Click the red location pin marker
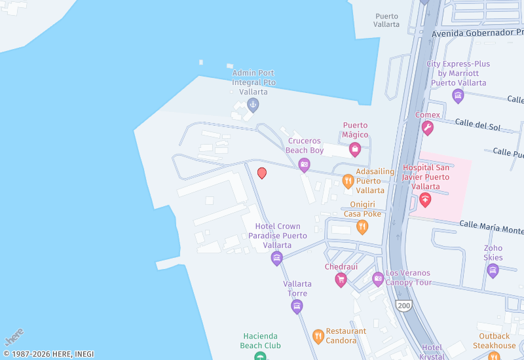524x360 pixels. [x=262, y=173]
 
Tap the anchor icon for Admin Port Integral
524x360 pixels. [x=253, y=104]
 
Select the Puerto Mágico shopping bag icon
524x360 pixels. [x=355, y=149]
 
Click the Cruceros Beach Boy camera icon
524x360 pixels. [x=304, y=165]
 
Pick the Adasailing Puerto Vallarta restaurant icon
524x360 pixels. [x=348, y=181]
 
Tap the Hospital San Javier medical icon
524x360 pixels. [x=425, y=200]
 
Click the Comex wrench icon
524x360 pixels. [x=428, y=128]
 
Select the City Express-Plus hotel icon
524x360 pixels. [x=458, y=96]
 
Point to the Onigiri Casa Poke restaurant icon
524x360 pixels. [x=362, y=226]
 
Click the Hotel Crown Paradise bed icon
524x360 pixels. [x=277, y=258]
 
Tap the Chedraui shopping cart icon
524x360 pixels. [x=341, y=279]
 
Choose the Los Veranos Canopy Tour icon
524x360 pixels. [x=378, y=279]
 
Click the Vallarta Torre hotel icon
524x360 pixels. [x=297, y=306]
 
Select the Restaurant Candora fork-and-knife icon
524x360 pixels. [x=318, y=336]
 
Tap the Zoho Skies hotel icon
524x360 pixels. [x=493, y=270]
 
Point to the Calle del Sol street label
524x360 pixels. [x=477, y=126]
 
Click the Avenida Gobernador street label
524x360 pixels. [x=477, y=32]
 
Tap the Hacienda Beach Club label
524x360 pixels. [x=260, y=340]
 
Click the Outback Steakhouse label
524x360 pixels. [x=495, y=341]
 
